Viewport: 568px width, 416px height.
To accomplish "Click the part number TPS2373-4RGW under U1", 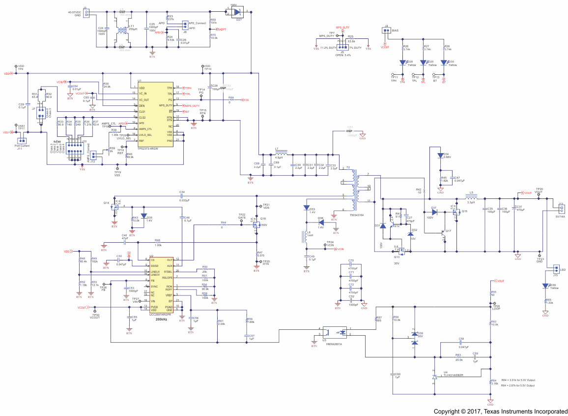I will point(148,148).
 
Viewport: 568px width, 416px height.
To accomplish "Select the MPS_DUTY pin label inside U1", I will point(166,105).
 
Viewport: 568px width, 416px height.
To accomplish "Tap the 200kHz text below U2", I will point(161,320).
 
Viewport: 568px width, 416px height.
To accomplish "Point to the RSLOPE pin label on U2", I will point(167,277).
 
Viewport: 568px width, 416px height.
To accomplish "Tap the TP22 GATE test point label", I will point(242,216).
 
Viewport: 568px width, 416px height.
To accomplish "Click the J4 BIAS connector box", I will point(386,31).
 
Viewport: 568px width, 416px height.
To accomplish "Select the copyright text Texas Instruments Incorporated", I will point(500,411).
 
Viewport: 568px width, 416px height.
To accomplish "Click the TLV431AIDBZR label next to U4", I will point(453,375).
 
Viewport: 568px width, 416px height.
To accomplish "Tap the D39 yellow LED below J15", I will point(545,286).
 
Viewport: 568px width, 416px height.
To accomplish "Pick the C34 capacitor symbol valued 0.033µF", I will point(182,196).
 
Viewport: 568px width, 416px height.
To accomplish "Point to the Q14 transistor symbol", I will point(116,207).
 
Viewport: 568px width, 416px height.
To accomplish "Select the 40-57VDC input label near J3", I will point(74,12).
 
